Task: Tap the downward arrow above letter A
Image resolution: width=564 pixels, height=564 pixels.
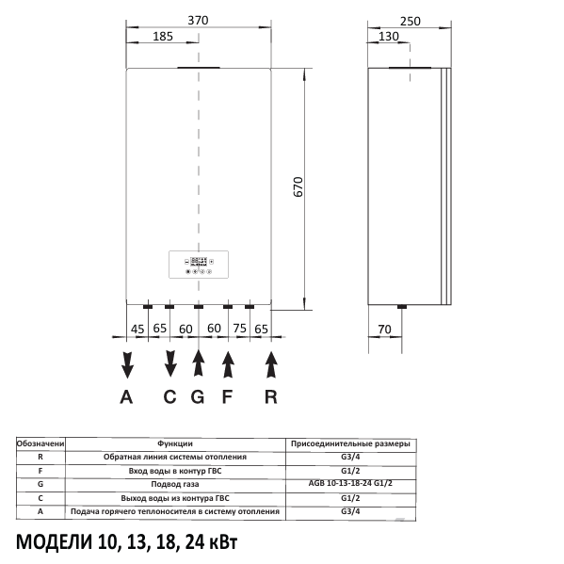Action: click(x=127, y=363)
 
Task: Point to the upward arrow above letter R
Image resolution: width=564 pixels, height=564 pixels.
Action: click(x=271, y=363)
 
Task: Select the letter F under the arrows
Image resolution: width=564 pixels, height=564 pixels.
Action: click(x=226, y=396)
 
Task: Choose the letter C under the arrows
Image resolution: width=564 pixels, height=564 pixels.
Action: click(x=170, y=396)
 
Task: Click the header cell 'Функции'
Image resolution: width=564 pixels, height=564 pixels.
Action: click(x=175, y=443)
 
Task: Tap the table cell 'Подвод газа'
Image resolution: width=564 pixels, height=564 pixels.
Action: click(x=175, y=484)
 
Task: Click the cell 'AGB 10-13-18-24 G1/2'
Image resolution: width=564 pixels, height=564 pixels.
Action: click(x=350, y=484)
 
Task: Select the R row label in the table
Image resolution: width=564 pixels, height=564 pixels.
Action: click(x=40, y=457)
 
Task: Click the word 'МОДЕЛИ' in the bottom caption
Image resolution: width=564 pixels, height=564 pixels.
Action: click(x=56, y=543)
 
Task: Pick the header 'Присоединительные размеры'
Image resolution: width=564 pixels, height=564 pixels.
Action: click(x=350, y=443)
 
